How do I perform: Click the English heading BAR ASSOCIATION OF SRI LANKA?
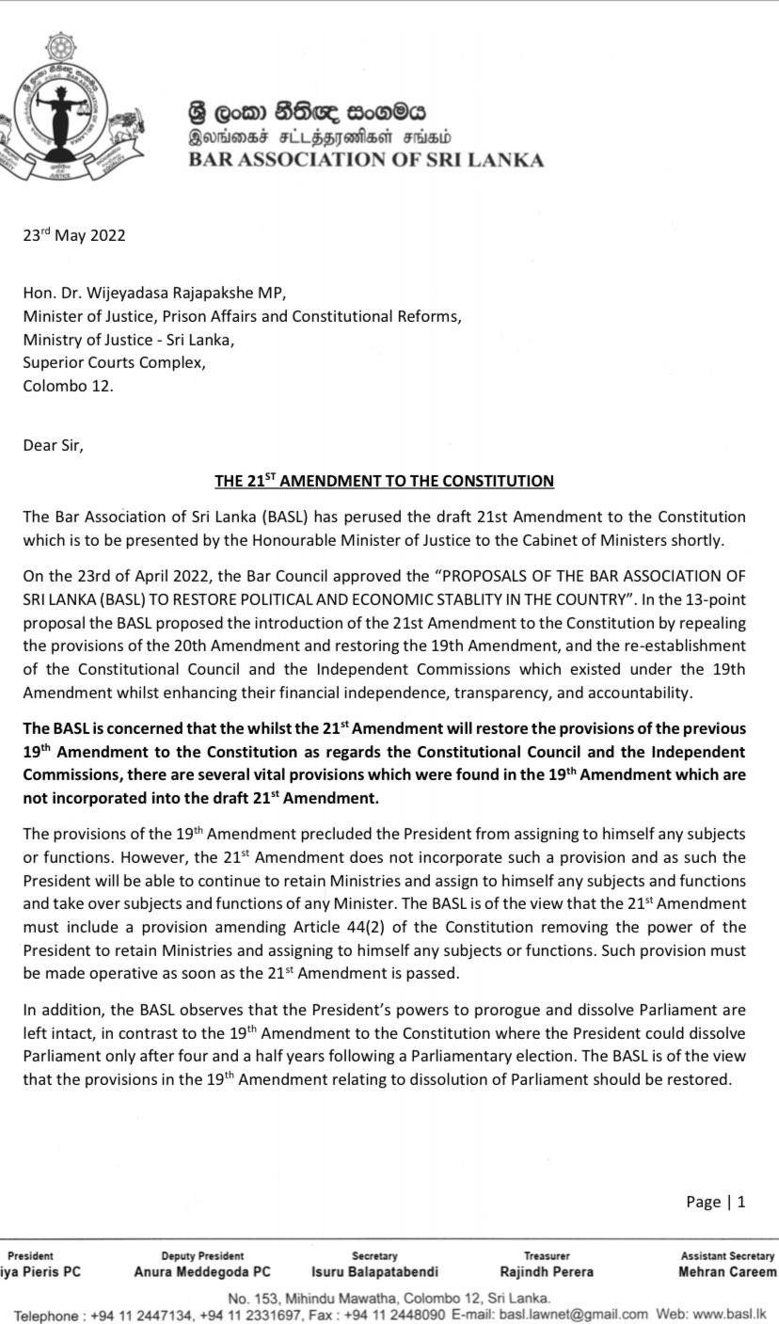click(366, 160)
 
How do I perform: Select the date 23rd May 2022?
click(74, 235)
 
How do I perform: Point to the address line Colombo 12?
click(68, 386)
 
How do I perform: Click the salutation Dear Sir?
click(53, 445)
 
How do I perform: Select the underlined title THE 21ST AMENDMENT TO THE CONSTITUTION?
click(384, 481)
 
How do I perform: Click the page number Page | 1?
click(716, 1202)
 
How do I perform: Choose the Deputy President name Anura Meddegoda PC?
click(202, 1272)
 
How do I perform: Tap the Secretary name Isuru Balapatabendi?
click(374, 1272)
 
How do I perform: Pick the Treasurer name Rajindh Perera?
click(547, 1272)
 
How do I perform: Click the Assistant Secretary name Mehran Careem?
click(727, 1272)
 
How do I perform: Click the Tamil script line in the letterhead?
click(319, 137)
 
